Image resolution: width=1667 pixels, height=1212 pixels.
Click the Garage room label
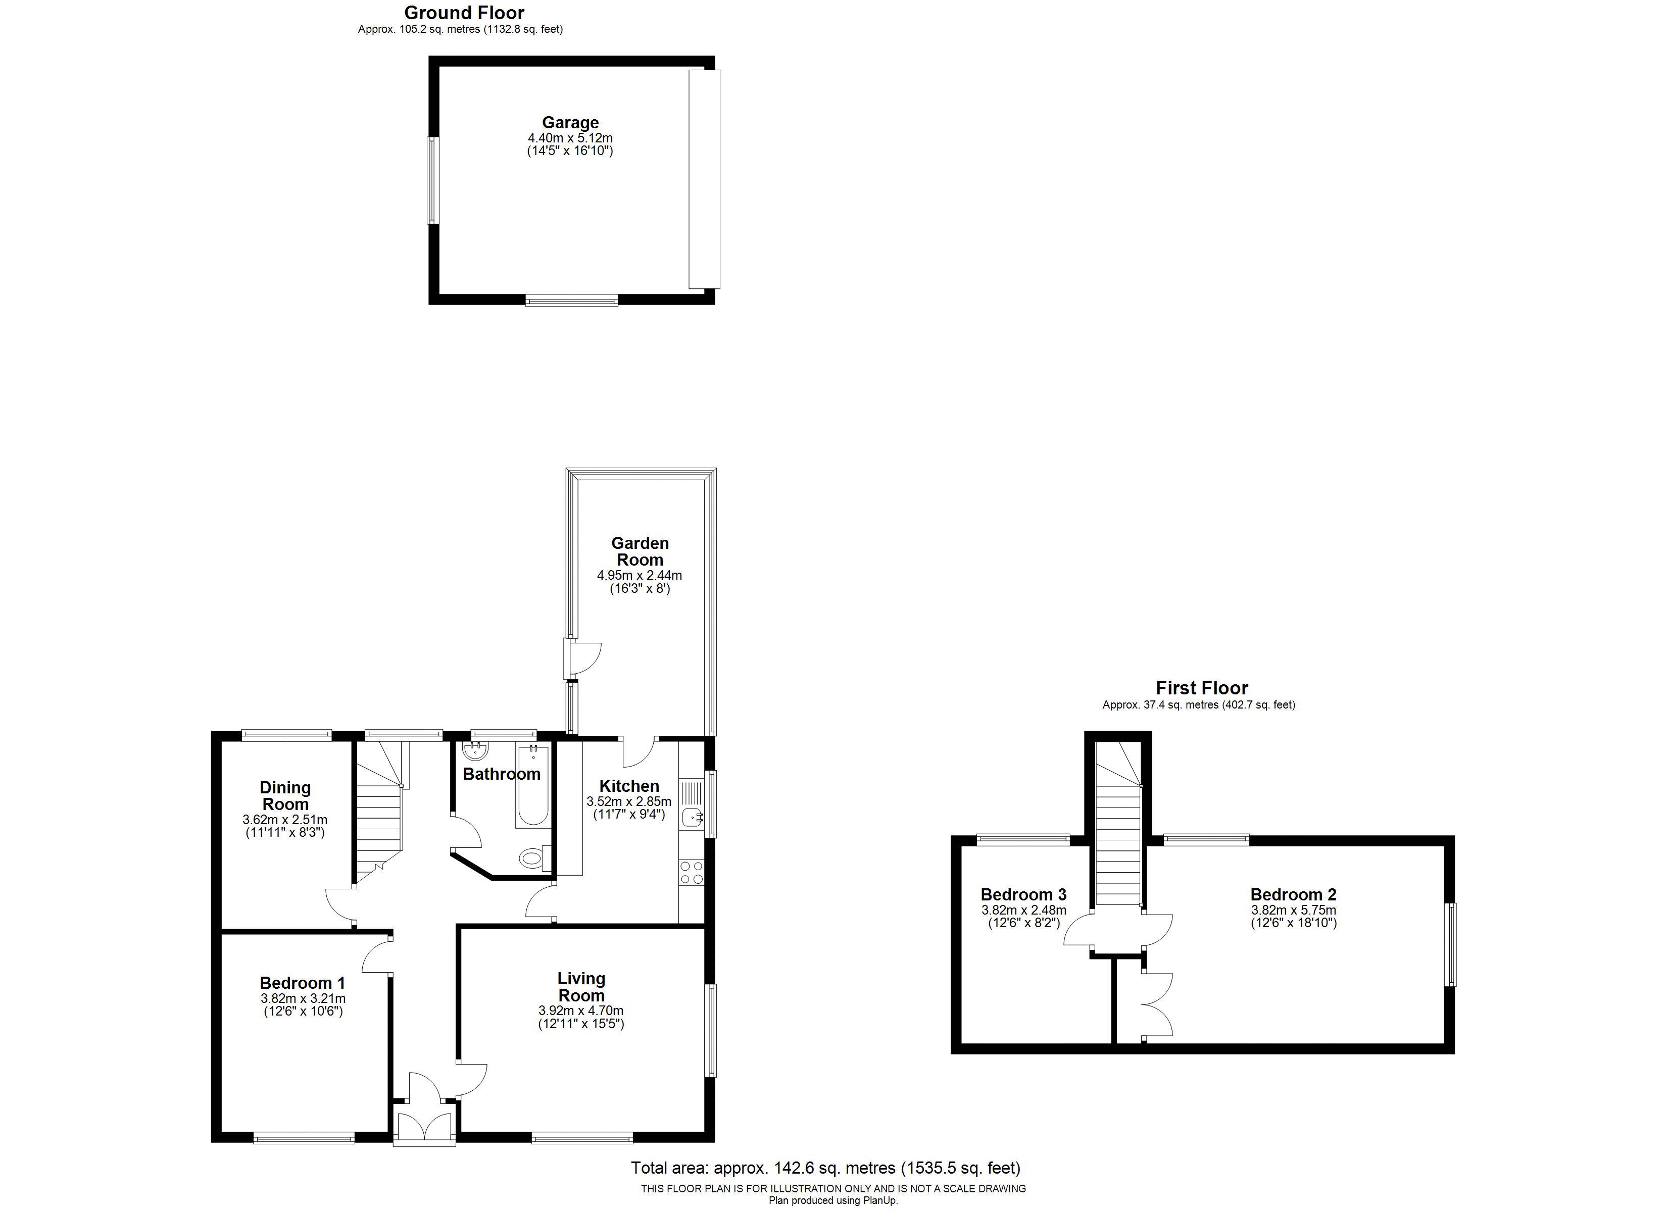click(x=570, y=123)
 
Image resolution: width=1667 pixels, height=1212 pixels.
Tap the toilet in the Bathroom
click(x=533, y=857)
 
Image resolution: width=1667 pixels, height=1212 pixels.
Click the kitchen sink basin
click(x=692, y=817)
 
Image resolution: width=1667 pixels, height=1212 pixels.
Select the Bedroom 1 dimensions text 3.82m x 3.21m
click(x=303, y=999)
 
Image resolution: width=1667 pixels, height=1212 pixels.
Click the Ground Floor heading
click(x=465, y=13)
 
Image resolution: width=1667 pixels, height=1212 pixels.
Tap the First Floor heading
click(x=1202, y=688)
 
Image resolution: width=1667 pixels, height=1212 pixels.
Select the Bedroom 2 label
click(x=1294, y=894)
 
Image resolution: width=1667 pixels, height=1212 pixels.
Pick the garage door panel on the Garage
click(x=704, y=179)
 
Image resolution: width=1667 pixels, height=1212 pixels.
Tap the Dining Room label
click(x=285, y=796)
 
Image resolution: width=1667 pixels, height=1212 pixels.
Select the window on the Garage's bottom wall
click(x=572, y=300)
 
